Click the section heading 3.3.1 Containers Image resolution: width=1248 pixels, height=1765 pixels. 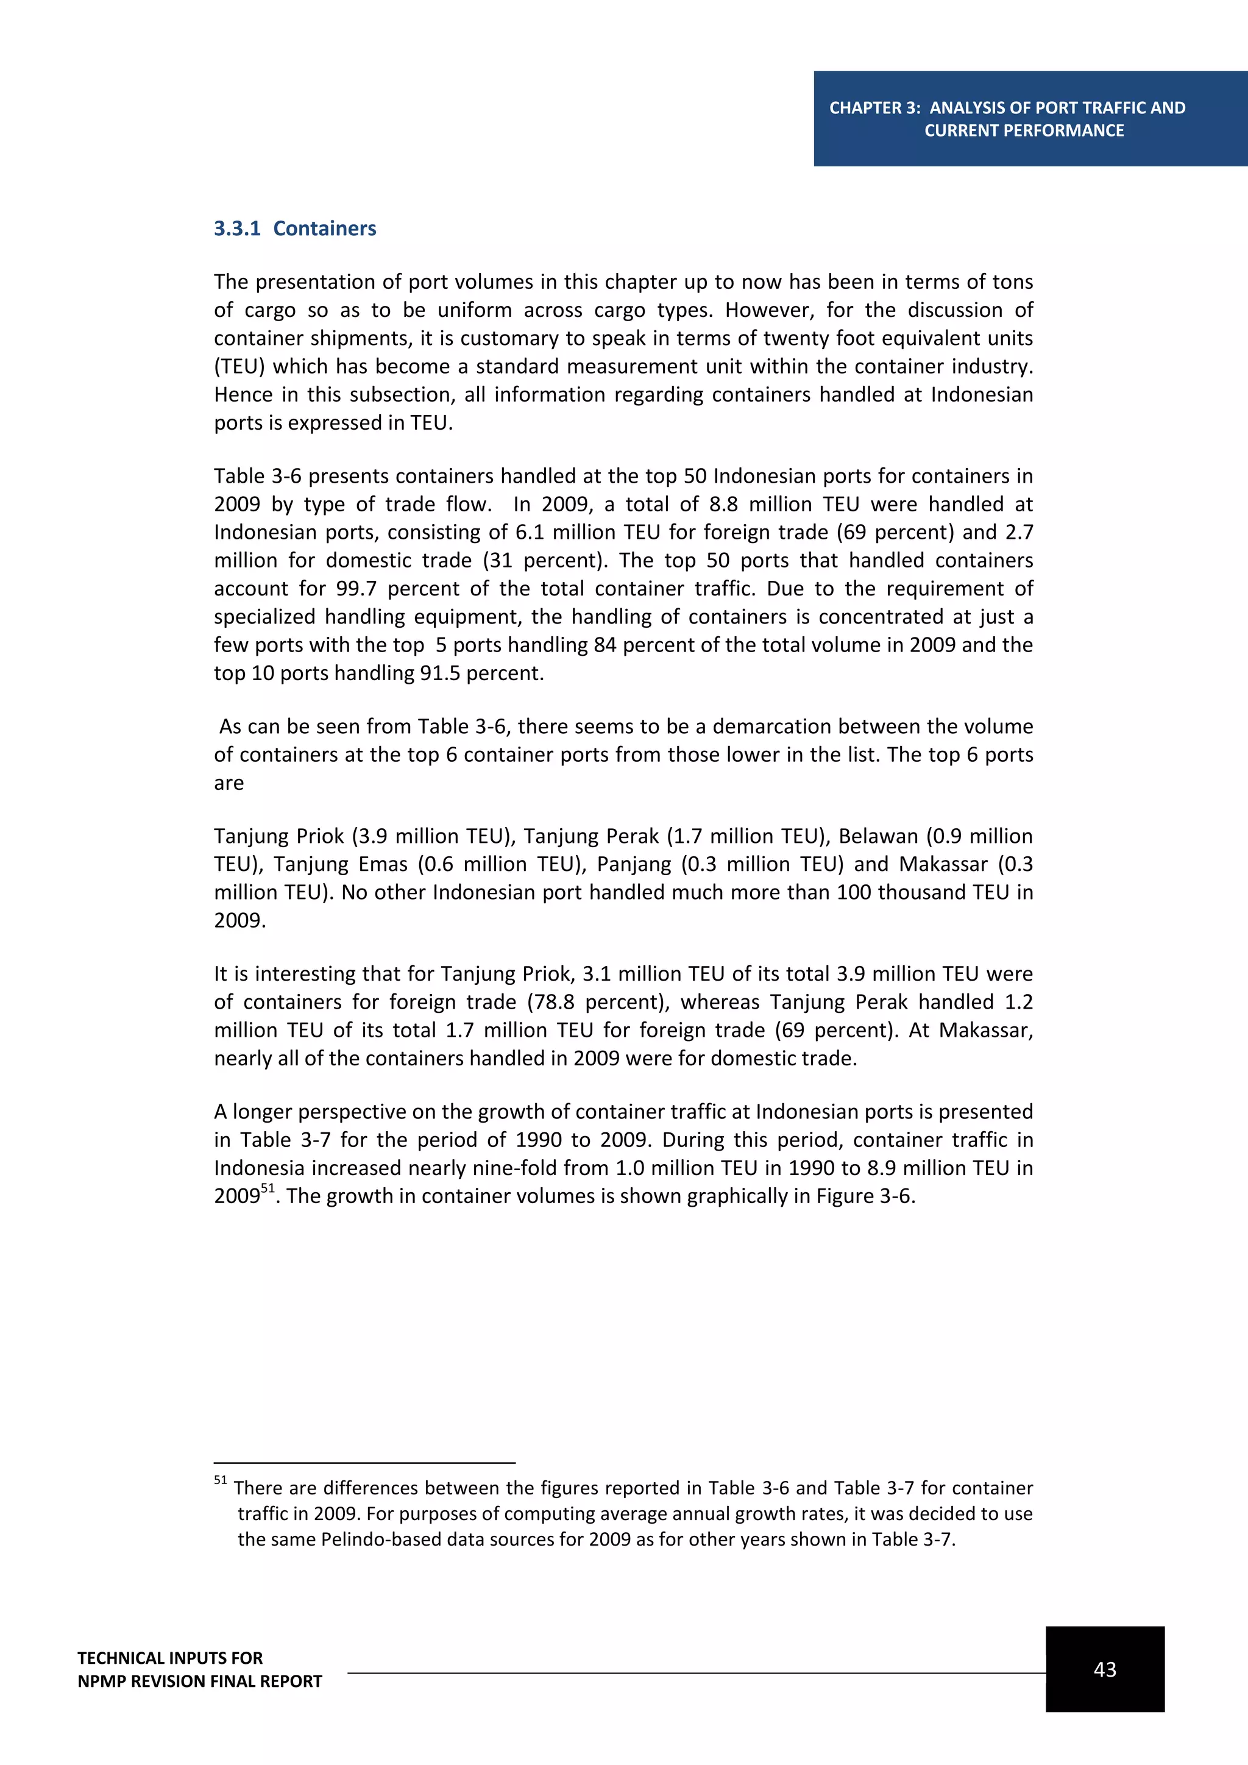pyautogui.click(x=295, y=229)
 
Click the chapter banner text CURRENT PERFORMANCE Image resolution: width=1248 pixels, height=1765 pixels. pyautogui.click(x=1024, y=130)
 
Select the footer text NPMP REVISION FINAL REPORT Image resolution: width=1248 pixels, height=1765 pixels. pyautogui.click(x=200, y=1682)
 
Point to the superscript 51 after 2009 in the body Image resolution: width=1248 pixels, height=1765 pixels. pyautogui.click(x=268, y=1188)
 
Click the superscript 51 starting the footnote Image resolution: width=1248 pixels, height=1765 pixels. pyautogui.click(x=221, y=1480)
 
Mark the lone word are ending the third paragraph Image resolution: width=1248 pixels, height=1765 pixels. pyautogui.click(x=229, y=783)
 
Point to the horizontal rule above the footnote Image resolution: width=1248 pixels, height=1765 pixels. pyautogui.click(x=364, y=1463)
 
